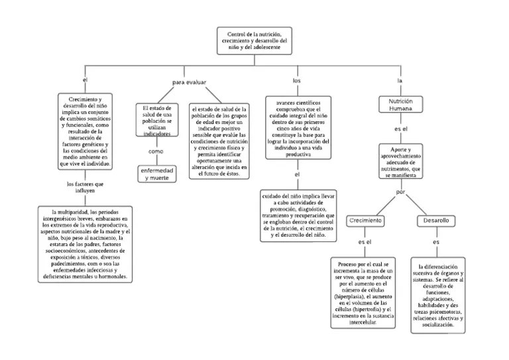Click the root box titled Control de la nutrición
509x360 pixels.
(255, 41)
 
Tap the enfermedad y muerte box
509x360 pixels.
(156, 174)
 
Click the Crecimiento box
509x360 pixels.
(366, 220)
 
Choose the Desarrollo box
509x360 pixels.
(436, 220)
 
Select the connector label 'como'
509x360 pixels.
(156, 151)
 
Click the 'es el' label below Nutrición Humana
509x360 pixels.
(400, 128)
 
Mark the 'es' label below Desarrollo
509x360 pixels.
(436, 243)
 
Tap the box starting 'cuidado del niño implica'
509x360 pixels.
(298, 215)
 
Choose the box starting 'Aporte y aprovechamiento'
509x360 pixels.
(400, 161)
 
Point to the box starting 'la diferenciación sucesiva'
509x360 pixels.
(437, 295)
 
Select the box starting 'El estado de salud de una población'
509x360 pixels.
(157, 120)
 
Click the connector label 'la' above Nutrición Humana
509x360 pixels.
(400, 80)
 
